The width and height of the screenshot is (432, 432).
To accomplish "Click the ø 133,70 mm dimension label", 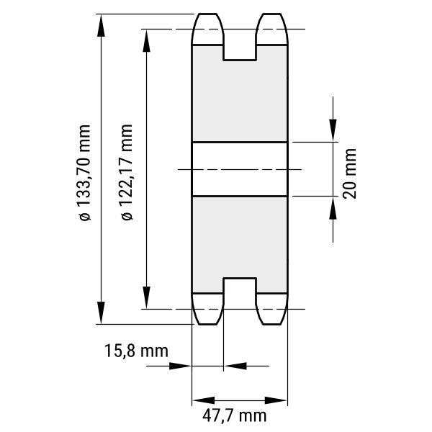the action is pos(84,173).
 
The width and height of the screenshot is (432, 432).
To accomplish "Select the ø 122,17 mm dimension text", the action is pos(127,173).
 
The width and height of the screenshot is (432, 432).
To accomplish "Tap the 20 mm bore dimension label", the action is pos(350,174).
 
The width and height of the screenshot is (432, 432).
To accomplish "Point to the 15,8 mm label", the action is pos(136,351).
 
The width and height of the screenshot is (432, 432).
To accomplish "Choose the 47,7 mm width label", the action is pos(235,415).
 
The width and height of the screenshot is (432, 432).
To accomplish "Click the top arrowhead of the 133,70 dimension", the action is pos(101,26).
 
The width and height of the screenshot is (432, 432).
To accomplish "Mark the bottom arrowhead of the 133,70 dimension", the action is pos(101,312).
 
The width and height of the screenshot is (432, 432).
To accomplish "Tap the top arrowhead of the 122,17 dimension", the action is pos(147,40).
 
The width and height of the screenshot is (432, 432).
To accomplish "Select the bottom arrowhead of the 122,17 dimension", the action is pos(147,297).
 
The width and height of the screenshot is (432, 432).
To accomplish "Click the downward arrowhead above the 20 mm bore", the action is pos(333,130).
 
